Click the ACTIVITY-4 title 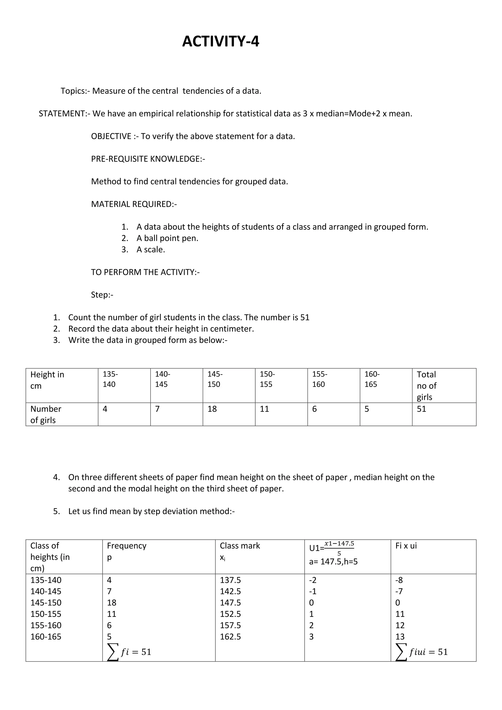click(x=220, y=41)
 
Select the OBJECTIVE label click(x=111, y=136)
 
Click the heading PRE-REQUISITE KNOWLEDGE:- click(x=148, y=159)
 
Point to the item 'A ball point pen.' click(x=167, y=238)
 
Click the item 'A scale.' click(x=151, y=250)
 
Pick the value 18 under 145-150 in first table click(x=212, y=409)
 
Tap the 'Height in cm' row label click(x=47, y=380)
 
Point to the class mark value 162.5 click(x=230, y=637)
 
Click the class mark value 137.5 click(x=230, y=580)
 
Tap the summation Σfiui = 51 click(x=422, y=652)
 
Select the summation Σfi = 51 click(x=129, y=652)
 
